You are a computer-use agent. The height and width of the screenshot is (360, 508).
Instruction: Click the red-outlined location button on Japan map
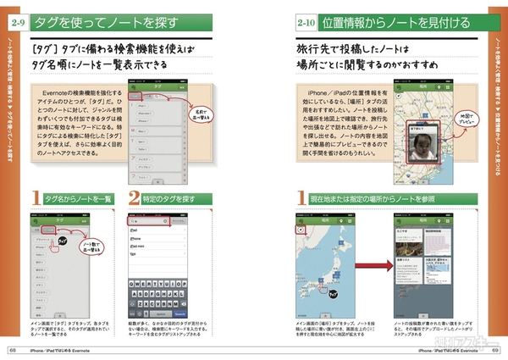301,229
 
